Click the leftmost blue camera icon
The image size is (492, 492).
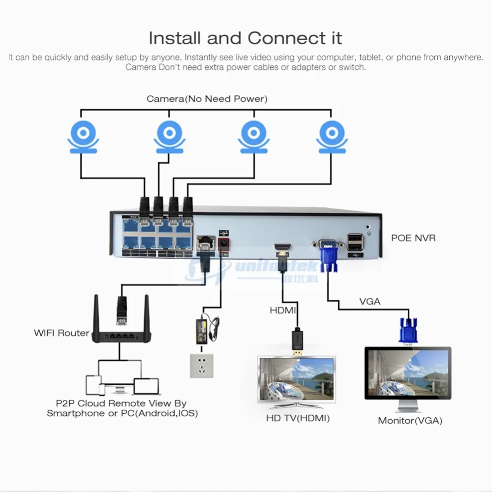[83, 137]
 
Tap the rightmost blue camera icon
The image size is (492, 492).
[332, 137]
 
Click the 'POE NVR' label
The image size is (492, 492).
[413, 238]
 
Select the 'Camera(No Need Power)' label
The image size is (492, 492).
[207, 99]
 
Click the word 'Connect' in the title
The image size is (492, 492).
[287, 38]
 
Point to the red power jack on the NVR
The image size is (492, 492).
[223, 244]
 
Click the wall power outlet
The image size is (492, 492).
[202, 366]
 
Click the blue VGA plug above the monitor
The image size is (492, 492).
[408, 331]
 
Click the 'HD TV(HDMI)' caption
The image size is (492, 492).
[298, 418]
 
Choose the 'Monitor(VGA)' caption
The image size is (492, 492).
[410, 421]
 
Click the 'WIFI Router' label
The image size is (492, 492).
[61, 333]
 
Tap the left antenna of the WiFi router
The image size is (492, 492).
[96, 314]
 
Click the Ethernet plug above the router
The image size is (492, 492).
[122, 310]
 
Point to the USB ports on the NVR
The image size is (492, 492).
[355, 242]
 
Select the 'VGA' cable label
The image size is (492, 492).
[369, 302]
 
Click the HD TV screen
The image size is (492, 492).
[297, 379]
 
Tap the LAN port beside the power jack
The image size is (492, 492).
[206, 243]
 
